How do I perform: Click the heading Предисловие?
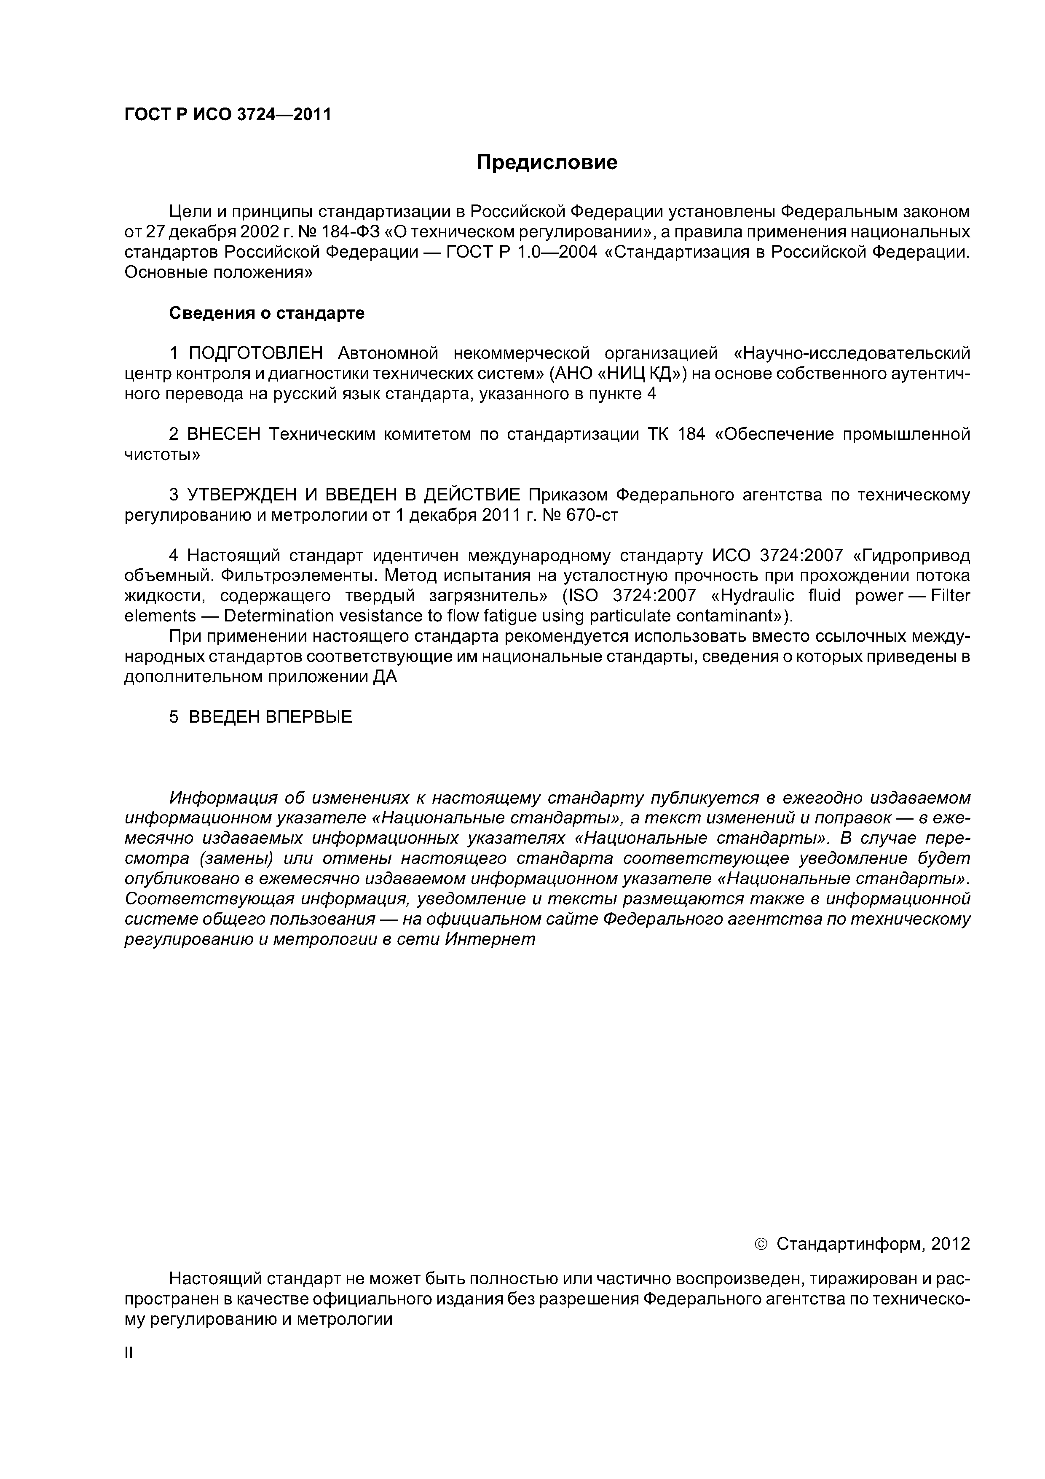[x=547, y=162]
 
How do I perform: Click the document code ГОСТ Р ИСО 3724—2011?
[x=227, y=115]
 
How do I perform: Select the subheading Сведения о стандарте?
[x=267, y=313]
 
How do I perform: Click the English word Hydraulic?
[x=752, y=595]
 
